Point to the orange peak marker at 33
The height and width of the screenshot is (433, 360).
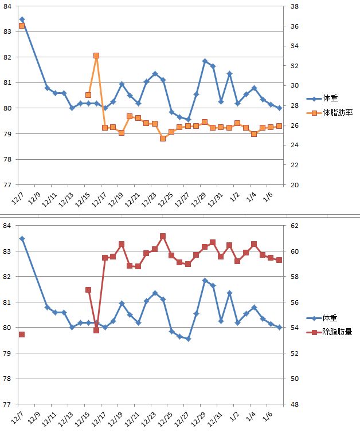point(96,56)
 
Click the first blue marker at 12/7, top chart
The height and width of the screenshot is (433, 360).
point(22,19)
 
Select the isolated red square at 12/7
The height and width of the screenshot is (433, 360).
point(22,334)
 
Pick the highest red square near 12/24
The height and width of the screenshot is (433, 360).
point(163,236)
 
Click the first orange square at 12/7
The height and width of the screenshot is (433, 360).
point(22,26)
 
